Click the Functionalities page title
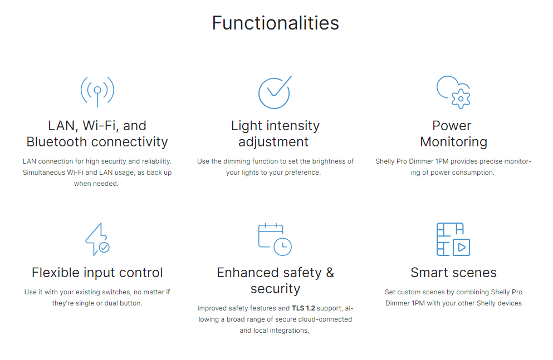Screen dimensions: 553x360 click(276, 23)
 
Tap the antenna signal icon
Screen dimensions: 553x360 click(97, 91)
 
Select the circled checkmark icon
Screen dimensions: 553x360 click(275, 92)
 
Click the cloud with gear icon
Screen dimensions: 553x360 click(453, 92)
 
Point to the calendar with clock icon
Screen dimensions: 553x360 click(275, 239)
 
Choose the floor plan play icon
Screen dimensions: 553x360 click(453, 239)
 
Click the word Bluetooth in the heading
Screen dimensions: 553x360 click(56, 141)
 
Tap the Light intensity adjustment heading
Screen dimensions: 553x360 click(275, 134)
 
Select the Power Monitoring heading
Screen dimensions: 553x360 click(453, 134)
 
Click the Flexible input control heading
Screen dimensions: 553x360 click(97, 273)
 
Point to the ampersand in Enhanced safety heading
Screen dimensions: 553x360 click(330, 273)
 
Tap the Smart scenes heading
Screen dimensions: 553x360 click(453, 273)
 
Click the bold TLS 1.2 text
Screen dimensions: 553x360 click(304, 308)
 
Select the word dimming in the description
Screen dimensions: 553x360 click(237, 161)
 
